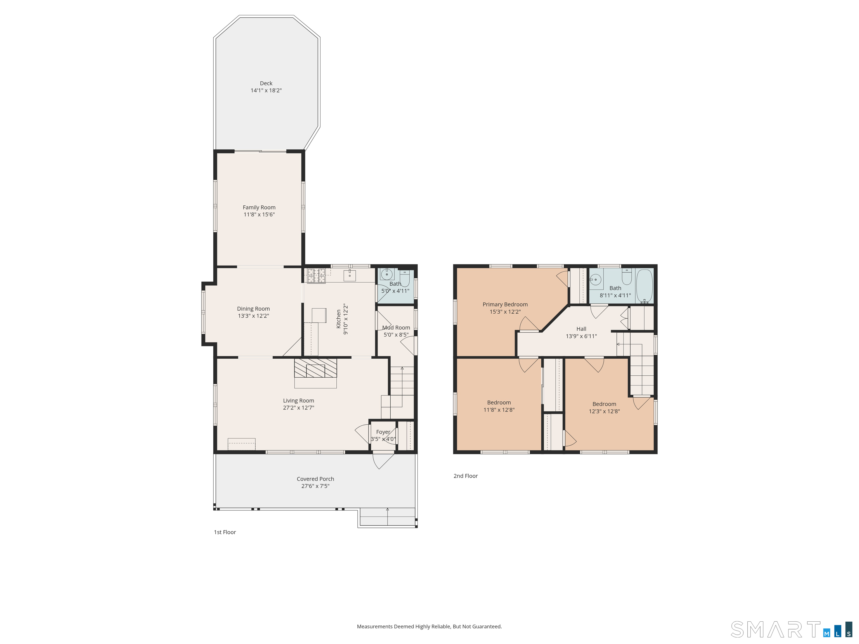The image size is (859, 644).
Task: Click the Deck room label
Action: pos(266,83)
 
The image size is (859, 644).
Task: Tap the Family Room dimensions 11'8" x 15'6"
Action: pos(259,214)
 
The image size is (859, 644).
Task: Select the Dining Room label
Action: pos(253,309)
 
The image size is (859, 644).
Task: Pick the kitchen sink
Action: pos(350,275)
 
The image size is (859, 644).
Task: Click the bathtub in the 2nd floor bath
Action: pos(644,286)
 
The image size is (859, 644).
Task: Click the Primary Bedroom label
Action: pos(505,304)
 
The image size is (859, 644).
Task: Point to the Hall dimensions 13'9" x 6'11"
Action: pos(581,336)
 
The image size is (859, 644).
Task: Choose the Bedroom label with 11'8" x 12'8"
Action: pos(499,402)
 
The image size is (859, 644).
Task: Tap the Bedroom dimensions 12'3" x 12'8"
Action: pos(604,411)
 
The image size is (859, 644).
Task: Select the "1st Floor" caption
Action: pos(225,532)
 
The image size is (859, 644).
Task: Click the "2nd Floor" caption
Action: pos(466,476)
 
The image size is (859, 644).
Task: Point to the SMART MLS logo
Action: pos(791,629)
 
